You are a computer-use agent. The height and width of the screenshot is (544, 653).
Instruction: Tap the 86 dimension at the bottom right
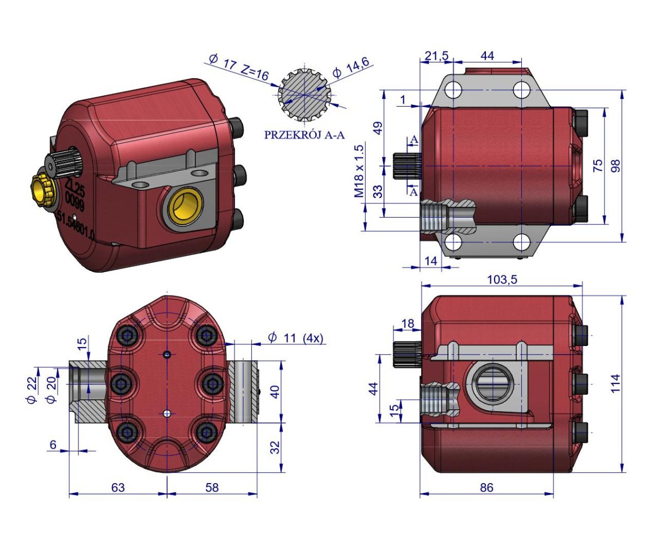tap(486, 488)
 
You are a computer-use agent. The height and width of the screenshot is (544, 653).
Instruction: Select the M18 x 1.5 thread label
tap(359, 171)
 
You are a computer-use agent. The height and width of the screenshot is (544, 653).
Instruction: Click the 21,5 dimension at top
tap(436, 56)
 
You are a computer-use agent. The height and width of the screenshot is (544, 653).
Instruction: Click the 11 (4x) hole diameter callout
tap(295, 338)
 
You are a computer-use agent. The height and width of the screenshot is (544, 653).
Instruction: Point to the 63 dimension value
tap(118, 488)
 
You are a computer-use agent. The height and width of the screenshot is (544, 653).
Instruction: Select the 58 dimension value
tap(212, 488)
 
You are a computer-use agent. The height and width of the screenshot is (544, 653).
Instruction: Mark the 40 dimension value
tap(276, 391)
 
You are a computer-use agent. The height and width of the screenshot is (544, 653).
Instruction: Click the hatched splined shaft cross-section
tap(305, 96)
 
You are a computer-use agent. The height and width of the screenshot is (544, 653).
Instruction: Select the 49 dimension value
tap(378, 128)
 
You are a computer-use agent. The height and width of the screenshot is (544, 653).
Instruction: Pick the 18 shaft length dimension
tap(407, 323)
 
